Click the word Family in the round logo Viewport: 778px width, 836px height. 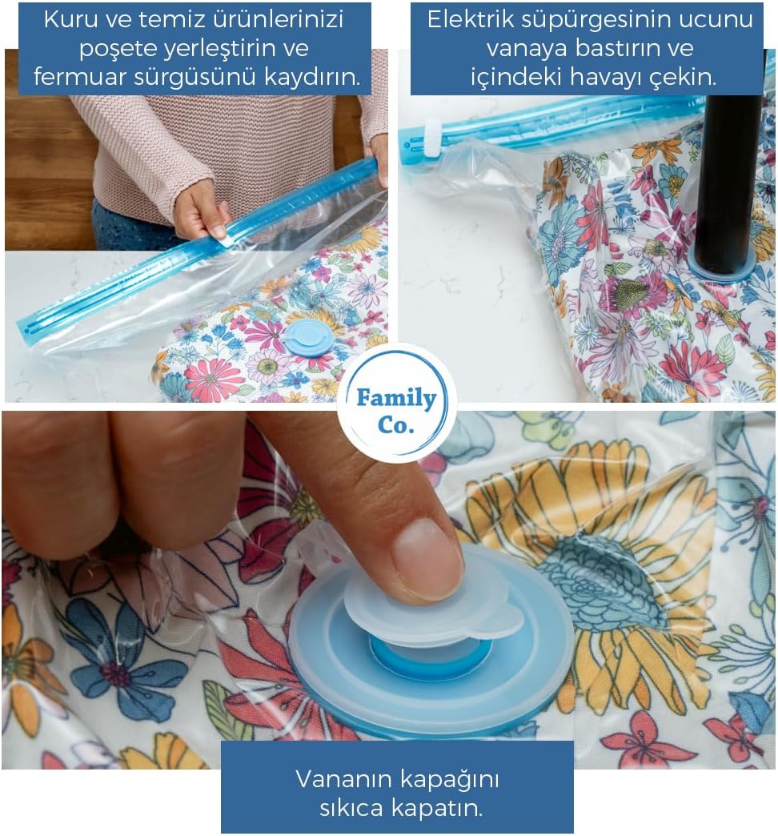[x=396, y=398]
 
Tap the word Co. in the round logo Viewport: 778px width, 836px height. [x=396, y=425]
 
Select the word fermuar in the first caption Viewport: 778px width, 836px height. [x=80, y=78]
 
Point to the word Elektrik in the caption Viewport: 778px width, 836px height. [x=471, y=20]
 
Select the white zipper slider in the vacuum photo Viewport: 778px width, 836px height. [x=433, y=138]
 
